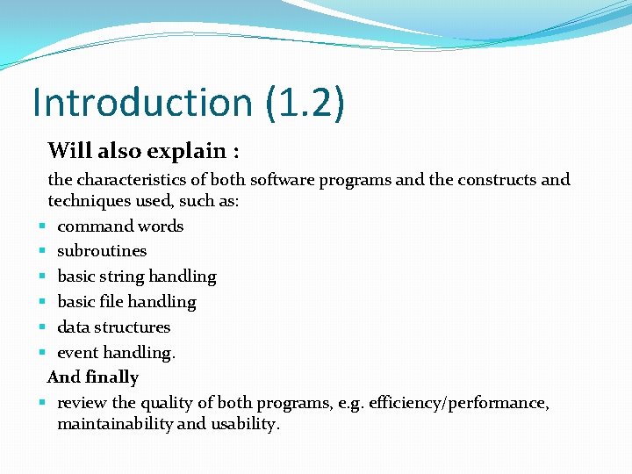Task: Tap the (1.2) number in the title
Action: (x=303, y=103)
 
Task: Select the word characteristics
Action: (x=132, y=180)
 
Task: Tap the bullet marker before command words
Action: (x=42, y=226)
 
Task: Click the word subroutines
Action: (x=102, y=251)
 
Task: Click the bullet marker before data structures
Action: (x=42, y=327)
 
